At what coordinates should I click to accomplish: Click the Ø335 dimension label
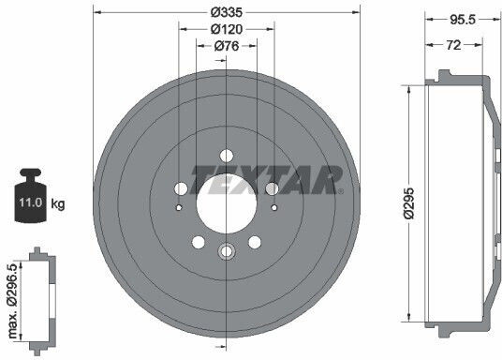[227, 12]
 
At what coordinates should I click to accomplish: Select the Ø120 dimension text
[227, 29]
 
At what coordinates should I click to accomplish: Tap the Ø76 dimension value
[227, 46]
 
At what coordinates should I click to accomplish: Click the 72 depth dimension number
[453, 45]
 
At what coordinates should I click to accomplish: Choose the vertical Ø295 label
[409, 203]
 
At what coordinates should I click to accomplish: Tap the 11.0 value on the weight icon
[31, 202]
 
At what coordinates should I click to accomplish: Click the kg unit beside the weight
[58, 203]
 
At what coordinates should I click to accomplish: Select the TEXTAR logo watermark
[267, 180]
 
